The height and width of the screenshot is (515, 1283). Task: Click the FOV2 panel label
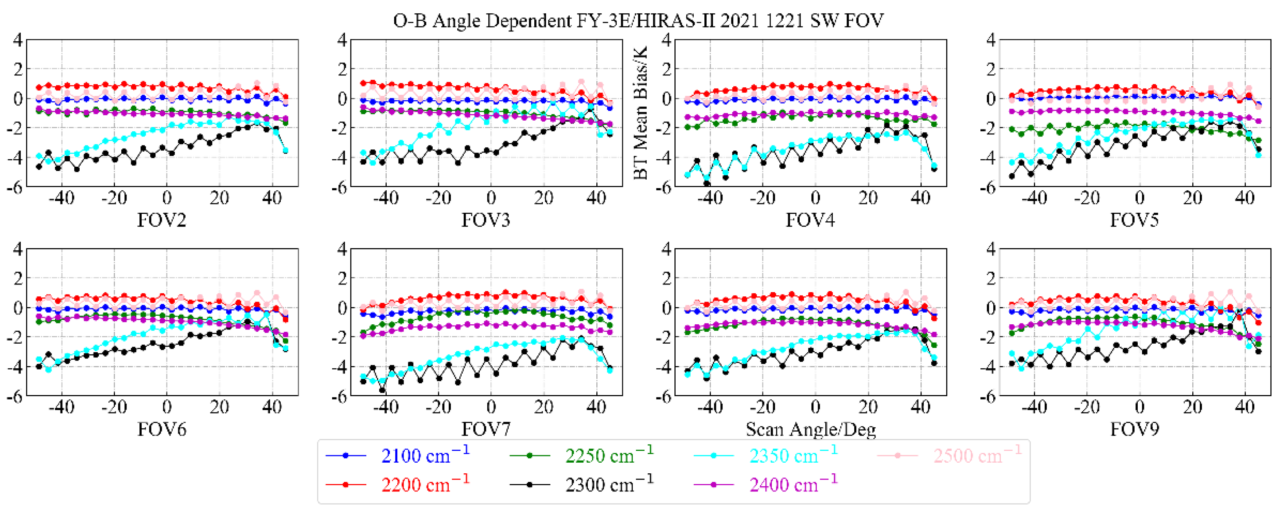pos(161,220)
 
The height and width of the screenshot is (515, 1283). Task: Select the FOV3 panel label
pos(486,220)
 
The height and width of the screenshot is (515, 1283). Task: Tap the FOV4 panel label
pos(810,220)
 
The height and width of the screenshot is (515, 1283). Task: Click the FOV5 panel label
pos(1134,220)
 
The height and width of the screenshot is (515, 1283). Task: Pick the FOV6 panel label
pos(161,429)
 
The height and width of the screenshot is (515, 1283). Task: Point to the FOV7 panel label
pos(486,429)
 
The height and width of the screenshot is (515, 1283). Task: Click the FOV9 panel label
pos(1134,429)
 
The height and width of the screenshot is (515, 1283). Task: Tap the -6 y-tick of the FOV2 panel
pos(15,188)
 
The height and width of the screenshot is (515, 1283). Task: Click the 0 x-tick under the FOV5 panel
pos(1140,199)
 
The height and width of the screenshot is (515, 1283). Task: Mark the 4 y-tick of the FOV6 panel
pos(18,248)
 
